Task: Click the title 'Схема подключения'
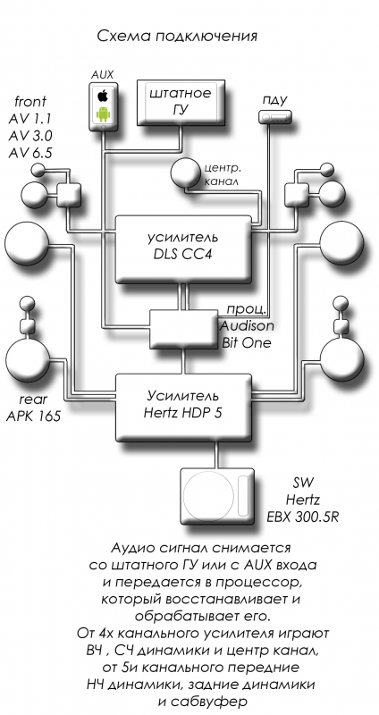[177, 36]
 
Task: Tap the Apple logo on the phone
[103, 96]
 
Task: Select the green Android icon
[103, 114]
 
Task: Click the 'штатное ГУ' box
[181, 103]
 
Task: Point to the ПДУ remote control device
[274, 118]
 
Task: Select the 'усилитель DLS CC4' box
[183, 249]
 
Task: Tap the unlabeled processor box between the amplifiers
[183, 329]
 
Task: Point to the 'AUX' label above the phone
[102, 75]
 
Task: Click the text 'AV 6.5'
[30, 153]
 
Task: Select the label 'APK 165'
[33, 416]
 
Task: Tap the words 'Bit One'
[247, 343]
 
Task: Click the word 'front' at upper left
[30, 101]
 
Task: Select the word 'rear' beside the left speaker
[33, 400]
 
